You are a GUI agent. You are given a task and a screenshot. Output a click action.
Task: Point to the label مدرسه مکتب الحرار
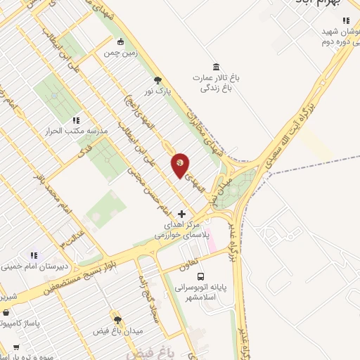coord(75,131)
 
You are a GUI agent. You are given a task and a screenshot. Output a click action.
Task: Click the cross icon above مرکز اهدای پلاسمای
coord(181,213)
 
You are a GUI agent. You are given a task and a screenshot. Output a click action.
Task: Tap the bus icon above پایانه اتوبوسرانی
coord(201,276)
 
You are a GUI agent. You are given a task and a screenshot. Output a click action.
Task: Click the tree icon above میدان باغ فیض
coord(117,319)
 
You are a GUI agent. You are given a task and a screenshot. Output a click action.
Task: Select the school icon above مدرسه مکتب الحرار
coord(75,120)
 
